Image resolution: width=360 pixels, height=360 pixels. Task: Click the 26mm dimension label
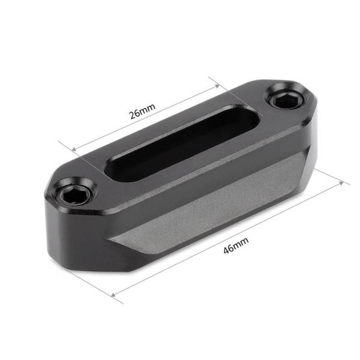pos(142,111)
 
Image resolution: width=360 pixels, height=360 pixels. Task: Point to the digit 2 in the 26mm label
pos(131,116)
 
